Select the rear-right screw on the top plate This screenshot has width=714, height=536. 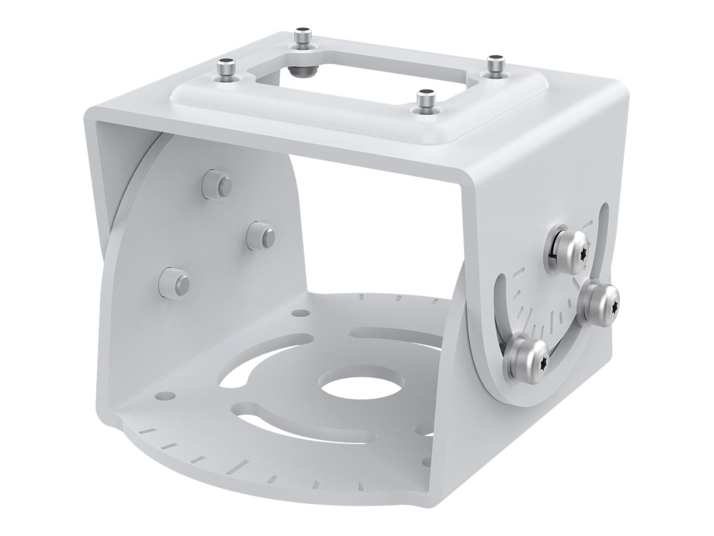(495, 64)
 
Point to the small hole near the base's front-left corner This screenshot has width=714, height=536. (167, 395)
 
